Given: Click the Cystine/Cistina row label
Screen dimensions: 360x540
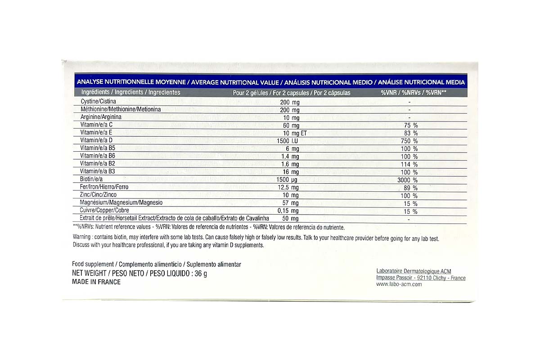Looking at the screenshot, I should pos(98,101).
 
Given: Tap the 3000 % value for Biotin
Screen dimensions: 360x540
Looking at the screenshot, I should pos(409,180).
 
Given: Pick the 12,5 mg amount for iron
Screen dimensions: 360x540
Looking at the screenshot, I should pos(288,188).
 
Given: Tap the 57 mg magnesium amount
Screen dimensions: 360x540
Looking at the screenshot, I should pos(291,203).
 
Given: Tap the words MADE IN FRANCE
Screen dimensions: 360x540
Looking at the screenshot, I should pos(96,282).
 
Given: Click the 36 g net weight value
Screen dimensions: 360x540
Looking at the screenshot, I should pos(201,274).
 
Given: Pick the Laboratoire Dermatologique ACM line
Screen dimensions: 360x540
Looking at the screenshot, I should pos(413,271).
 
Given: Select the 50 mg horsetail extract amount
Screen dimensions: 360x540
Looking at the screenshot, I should pos(291,219).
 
